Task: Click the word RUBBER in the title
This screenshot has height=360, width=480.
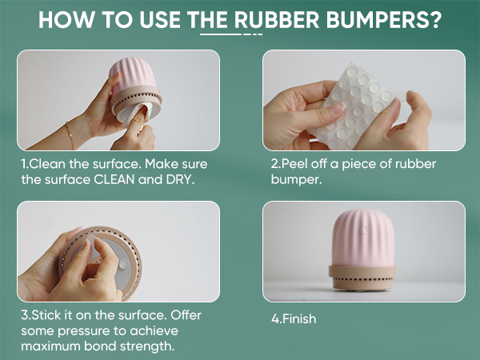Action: click(x=277, y=20)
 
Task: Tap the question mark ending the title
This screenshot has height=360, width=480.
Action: click(x=435, y=20)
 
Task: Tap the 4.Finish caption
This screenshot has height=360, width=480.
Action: click(x=294, y=318)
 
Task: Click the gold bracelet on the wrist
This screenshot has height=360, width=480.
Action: click(x=70, y=134)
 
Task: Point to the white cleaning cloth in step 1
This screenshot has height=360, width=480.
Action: click(x=137, y=114)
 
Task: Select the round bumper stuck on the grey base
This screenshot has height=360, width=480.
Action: click(x=123, y=264)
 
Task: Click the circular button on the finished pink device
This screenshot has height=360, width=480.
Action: click(x=362, y=230)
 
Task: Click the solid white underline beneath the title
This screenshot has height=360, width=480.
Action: click(x=221, y=34)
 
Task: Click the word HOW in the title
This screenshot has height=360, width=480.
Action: click(x=66, y=20)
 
